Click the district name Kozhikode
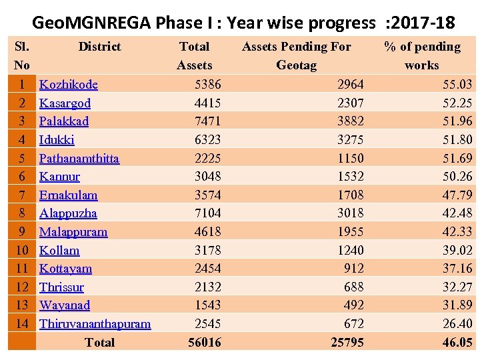click(69, 85)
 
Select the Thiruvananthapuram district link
click(95, 324)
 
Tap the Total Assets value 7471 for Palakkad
click(207, 121)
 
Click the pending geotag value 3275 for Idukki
click(350, 140)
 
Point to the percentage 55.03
click(457, 85)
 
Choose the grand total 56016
click(205, 343)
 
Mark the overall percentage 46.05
click(457, 343)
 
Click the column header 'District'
click(99, 47)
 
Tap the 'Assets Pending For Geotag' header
click(296, 55)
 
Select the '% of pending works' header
click(422, 55)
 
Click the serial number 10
click(22, 251)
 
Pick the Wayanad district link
click(65, 305)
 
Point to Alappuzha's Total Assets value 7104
click(207, 213)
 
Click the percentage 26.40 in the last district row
click(457, 324)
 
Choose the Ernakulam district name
click(68, 195)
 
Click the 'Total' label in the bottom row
click(99, 343)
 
